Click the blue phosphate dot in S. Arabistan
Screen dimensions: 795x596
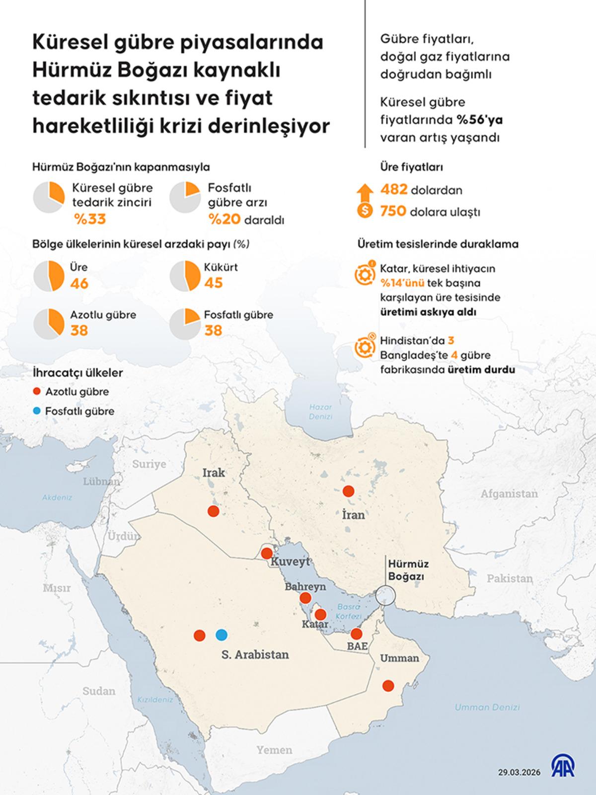click(x=222, y=635)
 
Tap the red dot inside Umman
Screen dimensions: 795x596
click(x=388, y=686)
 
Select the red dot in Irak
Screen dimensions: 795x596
click(x=213, y=511)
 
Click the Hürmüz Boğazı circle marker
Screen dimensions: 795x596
click(x=385, y=595)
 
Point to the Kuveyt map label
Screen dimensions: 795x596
click(x=290, y=562)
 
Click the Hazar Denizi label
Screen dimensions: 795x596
click(x=320, y=411)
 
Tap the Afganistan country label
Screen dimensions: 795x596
click(x=509, y=494)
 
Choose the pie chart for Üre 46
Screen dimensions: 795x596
click(x=49, y=276)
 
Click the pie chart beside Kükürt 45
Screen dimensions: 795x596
click(x=185, y=276)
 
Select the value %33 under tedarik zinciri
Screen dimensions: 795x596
click(x=90, y=219)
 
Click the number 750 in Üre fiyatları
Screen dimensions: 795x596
click(x=393, y=211)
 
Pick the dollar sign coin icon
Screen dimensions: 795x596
click(x=365, y=211)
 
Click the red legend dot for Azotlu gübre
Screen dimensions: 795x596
click(x=36, y=392)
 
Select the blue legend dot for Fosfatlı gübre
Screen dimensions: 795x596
click(x=36, y=411)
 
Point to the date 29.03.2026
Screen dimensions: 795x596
click(x=519, y=772)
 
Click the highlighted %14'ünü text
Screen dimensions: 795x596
click(x=402, y=283)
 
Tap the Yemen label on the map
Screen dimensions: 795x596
click(x=274, y=750)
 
